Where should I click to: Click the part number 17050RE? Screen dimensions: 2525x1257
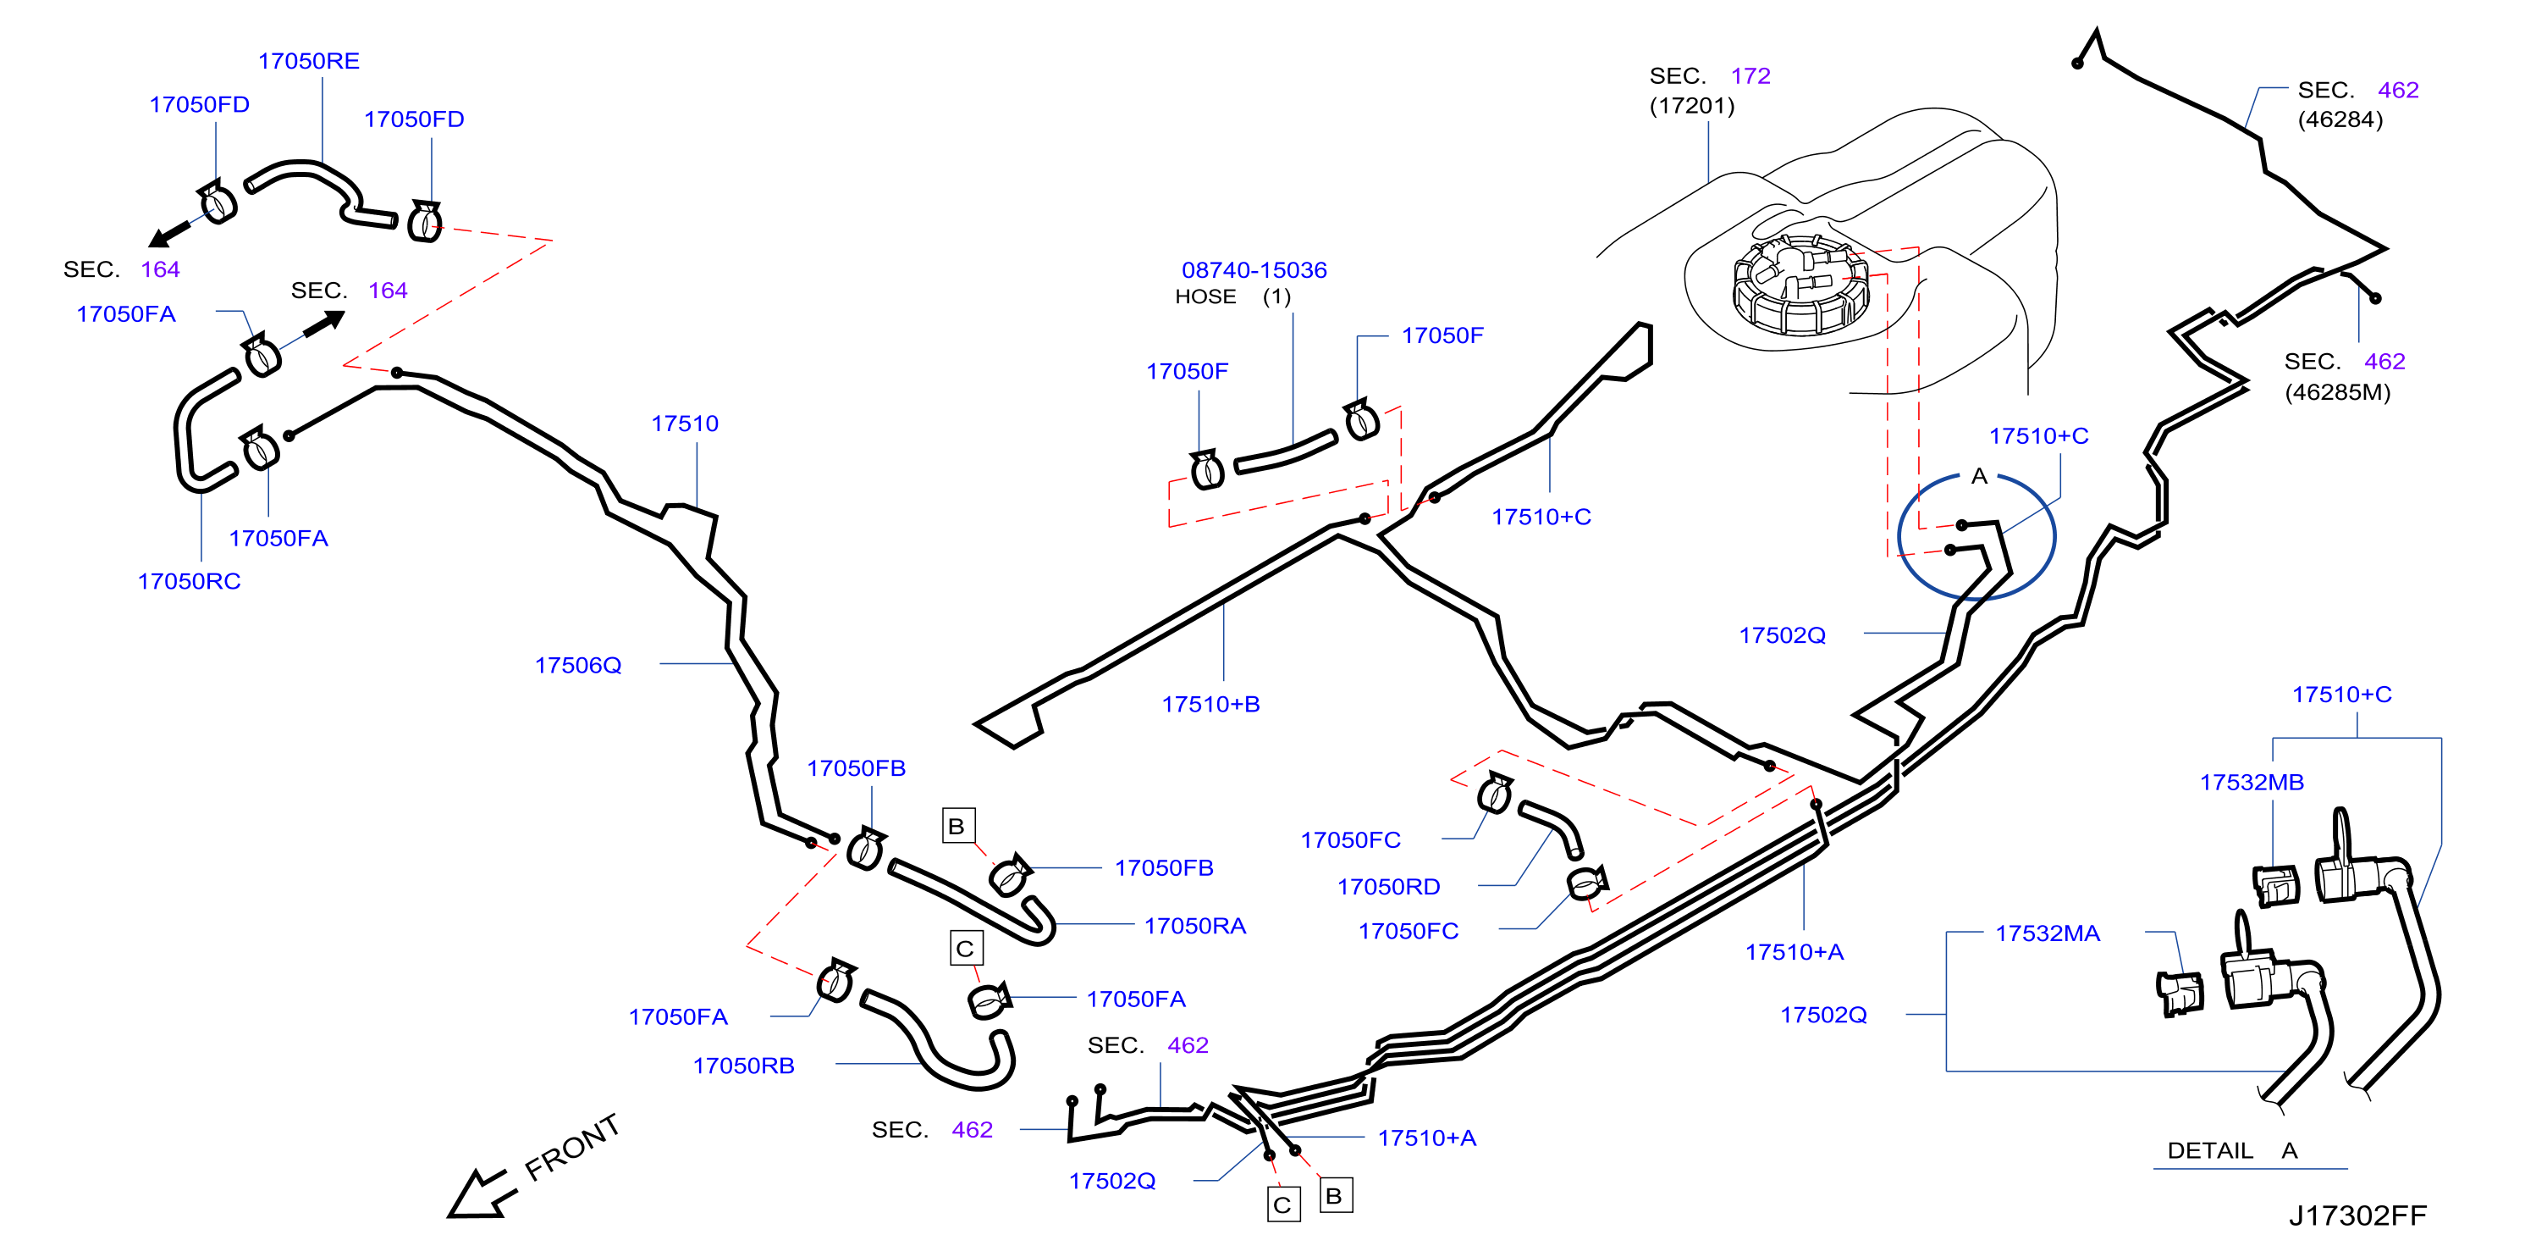[x=309, y=61]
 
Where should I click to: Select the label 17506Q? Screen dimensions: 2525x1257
[x=577, y=665]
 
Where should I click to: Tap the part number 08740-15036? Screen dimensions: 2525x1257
[x=1254, y=269]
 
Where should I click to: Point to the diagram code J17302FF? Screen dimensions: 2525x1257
[x=2357, y=1215]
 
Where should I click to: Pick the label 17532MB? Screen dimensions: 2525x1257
[x=2252, y=783]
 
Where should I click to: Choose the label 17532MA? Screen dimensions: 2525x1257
[x=2048, y=933]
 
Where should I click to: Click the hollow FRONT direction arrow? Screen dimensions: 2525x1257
[x=482, y=1193]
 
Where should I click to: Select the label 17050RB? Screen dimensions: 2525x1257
[x=743, y=1066]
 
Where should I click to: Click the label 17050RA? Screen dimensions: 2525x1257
[x=1195, y=927]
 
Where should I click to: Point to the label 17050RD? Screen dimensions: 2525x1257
[x=1388, y=888]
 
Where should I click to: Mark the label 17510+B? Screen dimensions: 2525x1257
[x=1210, y=704]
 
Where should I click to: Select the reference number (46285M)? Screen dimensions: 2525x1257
[x=2337, y=392]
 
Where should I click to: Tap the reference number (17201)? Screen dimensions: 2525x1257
[x=1692, y=106]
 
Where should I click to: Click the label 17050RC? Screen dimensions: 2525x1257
[x=188, y=581]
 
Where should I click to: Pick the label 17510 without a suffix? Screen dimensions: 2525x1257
[x=684, y=424]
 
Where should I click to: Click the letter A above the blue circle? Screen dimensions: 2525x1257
[x=1979, y=477]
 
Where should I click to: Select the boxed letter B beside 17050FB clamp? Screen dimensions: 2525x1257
[x=957, y=826]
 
